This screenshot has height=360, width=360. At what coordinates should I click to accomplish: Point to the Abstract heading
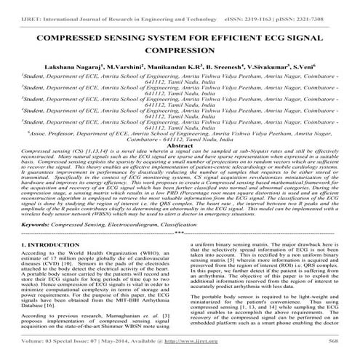180,145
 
